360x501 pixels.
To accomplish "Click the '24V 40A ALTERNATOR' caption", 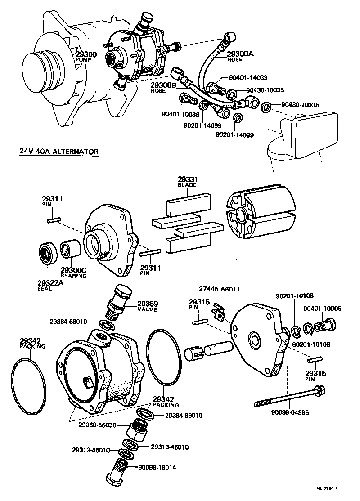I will (x=58, y=152).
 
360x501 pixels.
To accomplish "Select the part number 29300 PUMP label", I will (x=85, y=56).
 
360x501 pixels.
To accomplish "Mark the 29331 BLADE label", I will (x=188, y=182).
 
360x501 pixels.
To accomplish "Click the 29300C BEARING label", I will (x=73, y=273).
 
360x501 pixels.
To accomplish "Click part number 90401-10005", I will (x=322, y=309).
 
